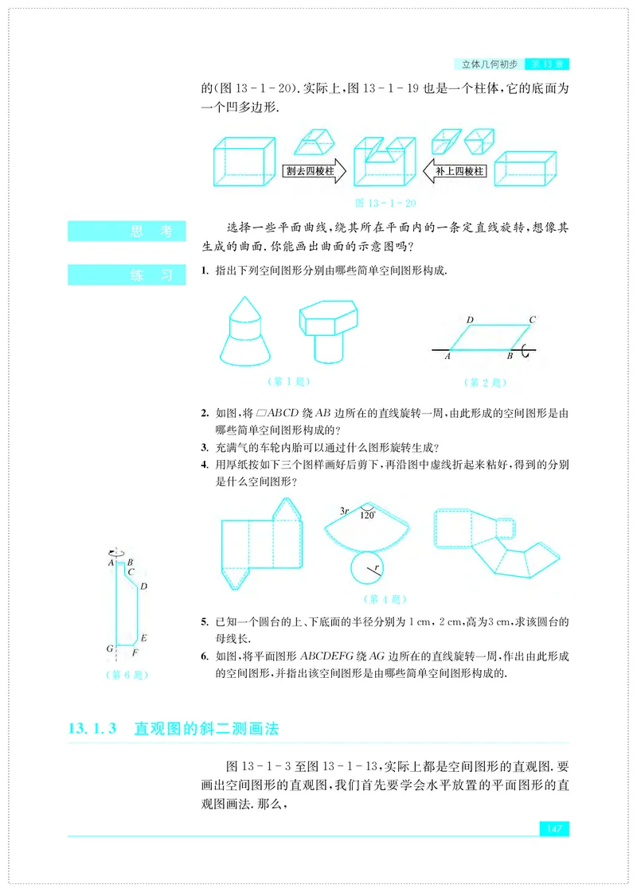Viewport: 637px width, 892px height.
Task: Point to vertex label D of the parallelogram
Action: click(470, 320)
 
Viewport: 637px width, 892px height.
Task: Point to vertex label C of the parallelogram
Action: click(532, 320)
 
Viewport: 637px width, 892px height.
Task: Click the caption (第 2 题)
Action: click(484, 382)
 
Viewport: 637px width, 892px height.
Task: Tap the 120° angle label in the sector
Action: click(367, 515)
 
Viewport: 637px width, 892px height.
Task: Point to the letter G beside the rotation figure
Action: click(110, 649)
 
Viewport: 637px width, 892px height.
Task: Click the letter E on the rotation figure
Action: click(143, 638)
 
